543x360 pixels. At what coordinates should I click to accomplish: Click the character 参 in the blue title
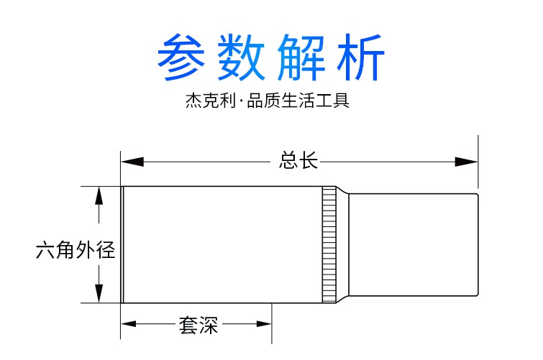tap(185, 56)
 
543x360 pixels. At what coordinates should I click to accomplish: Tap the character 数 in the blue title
tap(243, 56)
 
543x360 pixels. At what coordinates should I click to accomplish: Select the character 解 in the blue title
tap(300, 56)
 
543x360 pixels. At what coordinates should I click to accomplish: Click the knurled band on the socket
tap(329, 244)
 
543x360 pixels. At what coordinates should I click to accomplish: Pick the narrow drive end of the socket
tap(414, 244)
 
